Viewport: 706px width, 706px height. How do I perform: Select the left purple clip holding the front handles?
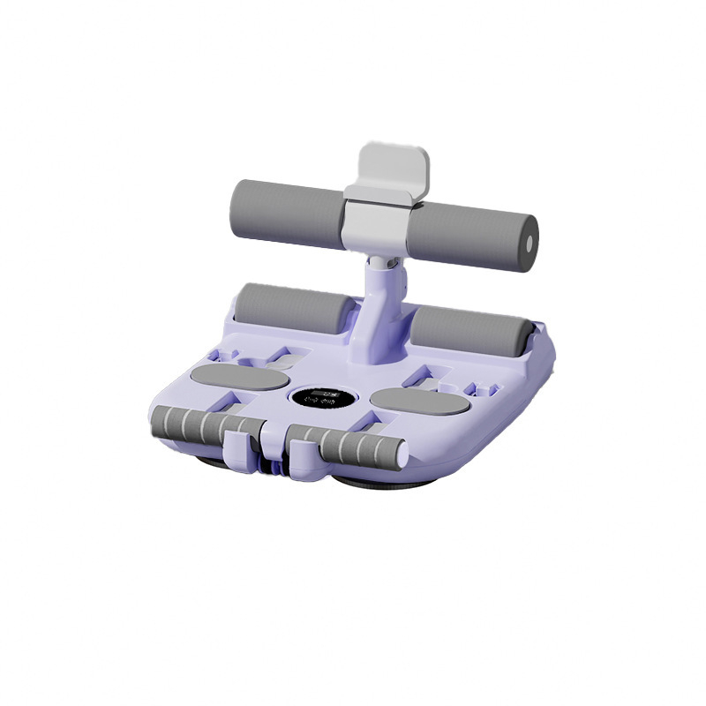point(237,442)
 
